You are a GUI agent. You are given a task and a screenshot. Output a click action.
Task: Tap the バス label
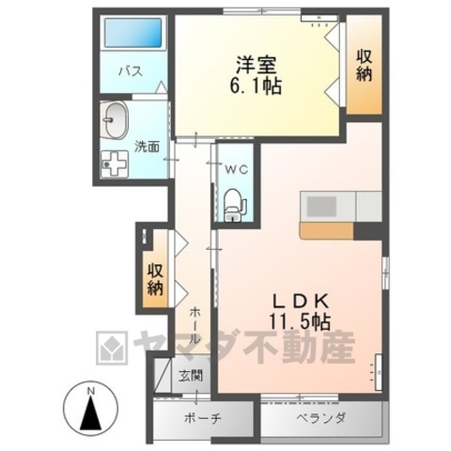(x=129, y=71)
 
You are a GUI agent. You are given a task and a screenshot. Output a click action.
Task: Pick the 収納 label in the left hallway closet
(x=155, y=276)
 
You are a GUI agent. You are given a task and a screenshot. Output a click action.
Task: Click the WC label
(x=235, y=169)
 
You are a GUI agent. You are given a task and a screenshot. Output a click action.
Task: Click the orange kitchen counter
(x=327, y=230)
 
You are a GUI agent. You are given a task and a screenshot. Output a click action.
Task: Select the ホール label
(x=193, y=324)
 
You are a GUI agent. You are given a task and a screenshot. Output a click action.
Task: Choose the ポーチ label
(x=202, y=417)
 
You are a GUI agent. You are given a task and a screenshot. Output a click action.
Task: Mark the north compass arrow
(x=90, y=411)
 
